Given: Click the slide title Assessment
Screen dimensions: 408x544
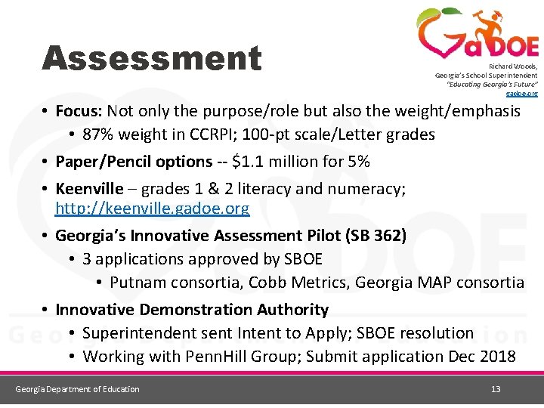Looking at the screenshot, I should (x=151, y=59).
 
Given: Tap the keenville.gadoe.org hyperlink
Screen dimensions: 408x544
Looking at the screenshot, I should (x=152, y=209).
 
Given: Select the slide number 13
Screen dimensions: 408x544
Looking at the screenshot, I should (x=496, y=389).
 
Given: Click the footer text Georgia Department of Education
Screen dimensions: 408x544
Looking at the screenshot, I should (x=78, y=389).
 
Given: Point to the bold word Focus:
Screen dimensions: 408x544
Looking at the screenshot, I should (x=79, y=111).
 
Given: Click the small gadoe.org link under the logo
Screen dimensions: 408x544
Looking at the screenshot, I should (x=527, y=94).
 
